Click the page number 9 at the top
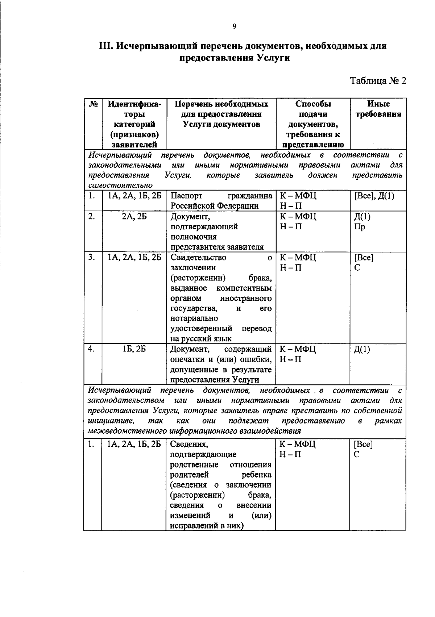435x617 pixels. [234, 26]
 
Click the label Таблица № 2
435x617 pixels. [377, 80]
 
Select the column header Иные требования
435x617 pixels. [378, 109]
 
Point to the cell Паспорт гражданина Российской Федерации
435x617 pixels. [221, 201]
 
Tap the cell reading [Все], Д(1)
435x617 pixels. [374, 196]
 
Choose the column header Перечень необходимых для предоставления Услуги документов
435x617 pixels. [221, 114]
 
